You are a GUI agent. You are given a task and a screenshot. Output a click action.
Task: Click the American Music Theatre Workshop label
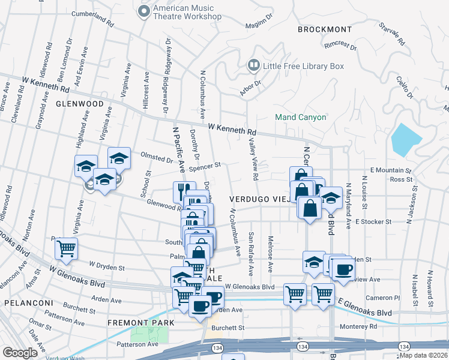pos(187,12)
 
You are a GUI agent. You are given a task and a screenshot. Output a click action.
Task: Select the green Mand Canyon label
pos(301,117)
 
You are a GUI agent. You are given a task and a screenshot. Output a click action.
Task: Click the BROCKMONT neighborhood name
pos(325,29)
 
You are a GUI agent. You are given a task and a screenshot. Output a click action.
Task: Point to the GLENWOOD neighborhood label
pos(80,103)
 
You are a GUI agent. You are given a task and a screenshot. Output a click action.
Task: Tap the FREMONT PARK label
pos(140,323)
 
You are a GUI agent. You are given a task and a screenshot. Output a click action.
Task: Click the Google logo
pos(20,352)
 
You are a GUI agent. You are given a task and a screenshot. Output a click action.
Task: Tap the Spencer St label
pos(205,164)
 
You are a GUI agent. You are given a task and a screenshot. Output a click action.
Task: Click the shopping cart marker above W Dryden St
pos(66,248)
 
